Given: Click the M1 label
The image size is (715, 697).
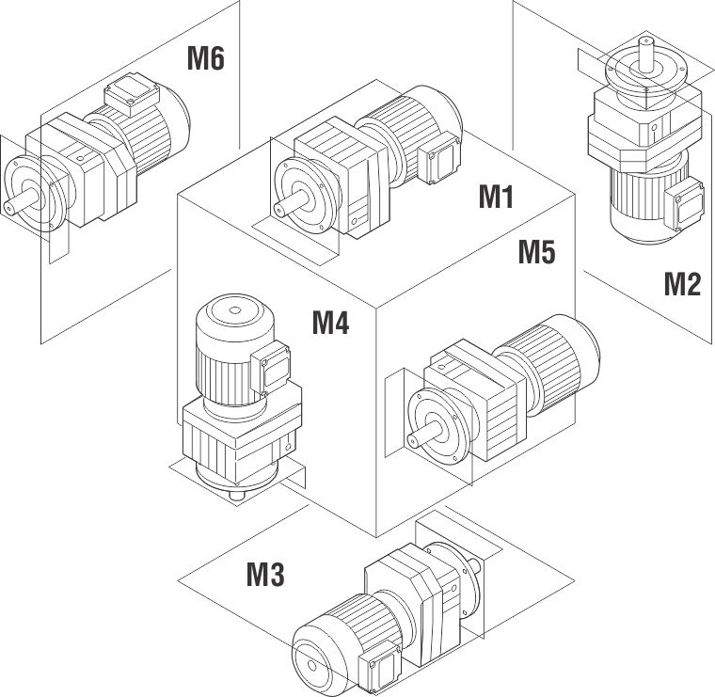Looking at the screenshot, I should [x=496, y=198].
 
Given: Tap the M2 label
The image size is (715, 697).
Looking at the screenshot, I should [x=682, y=282].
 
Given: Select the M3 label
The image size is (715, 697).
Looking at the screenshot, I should [x=265, y=574].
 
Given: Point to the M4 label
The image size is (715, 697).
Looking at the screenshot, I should [x=330, y=324].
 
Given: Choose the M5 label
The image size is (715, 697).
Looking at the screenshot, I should [x=536, y=252].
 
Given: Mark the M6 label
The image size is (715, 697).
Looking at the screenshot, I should [x=205, y=58].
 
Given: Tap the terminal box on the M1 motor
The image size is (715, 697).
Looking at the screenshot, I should [x=440, y=163].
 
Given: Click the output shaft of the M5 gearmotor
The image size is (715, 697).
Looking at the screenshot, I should [x=420, y=436].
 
